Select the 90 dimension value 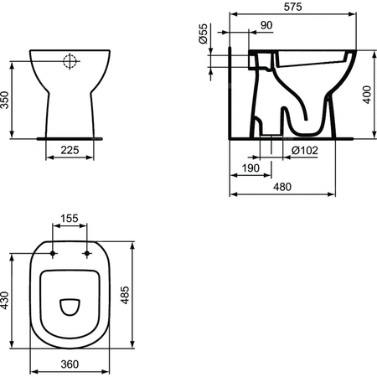266,26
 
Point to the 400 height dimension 367,96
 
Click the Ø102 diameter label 304,150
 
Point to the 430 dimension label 7,299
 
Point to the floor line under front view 70,134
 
